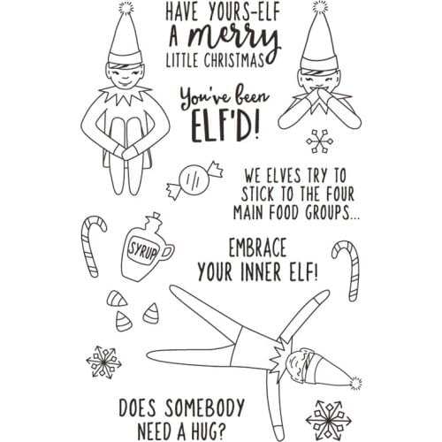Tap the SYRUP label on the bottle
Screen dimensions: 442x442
point(143,249)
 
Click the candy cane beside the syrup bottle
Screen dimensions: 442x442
point(92,246)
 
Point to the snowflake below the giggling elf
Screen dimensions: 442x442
point(320,141)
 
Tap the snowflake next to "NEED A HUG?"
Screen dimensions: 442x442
point(329,420)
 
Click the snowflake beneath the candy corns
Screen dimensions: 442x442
point(103,362)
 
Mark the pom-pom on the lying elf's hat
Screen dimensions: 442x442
point(355,383)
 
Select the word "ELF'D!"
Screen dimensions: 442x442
point(226,127)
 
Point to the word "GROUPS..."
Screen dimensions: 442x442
point(332,212)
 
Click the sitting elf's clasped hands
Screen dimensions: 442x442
point(126,152)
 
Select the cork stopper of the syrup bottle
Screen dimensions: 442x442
point(155,217)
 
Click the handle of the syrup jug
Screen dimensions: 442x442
point(169,253)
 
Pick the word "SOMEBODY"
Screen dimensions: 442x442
point(204,408)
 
